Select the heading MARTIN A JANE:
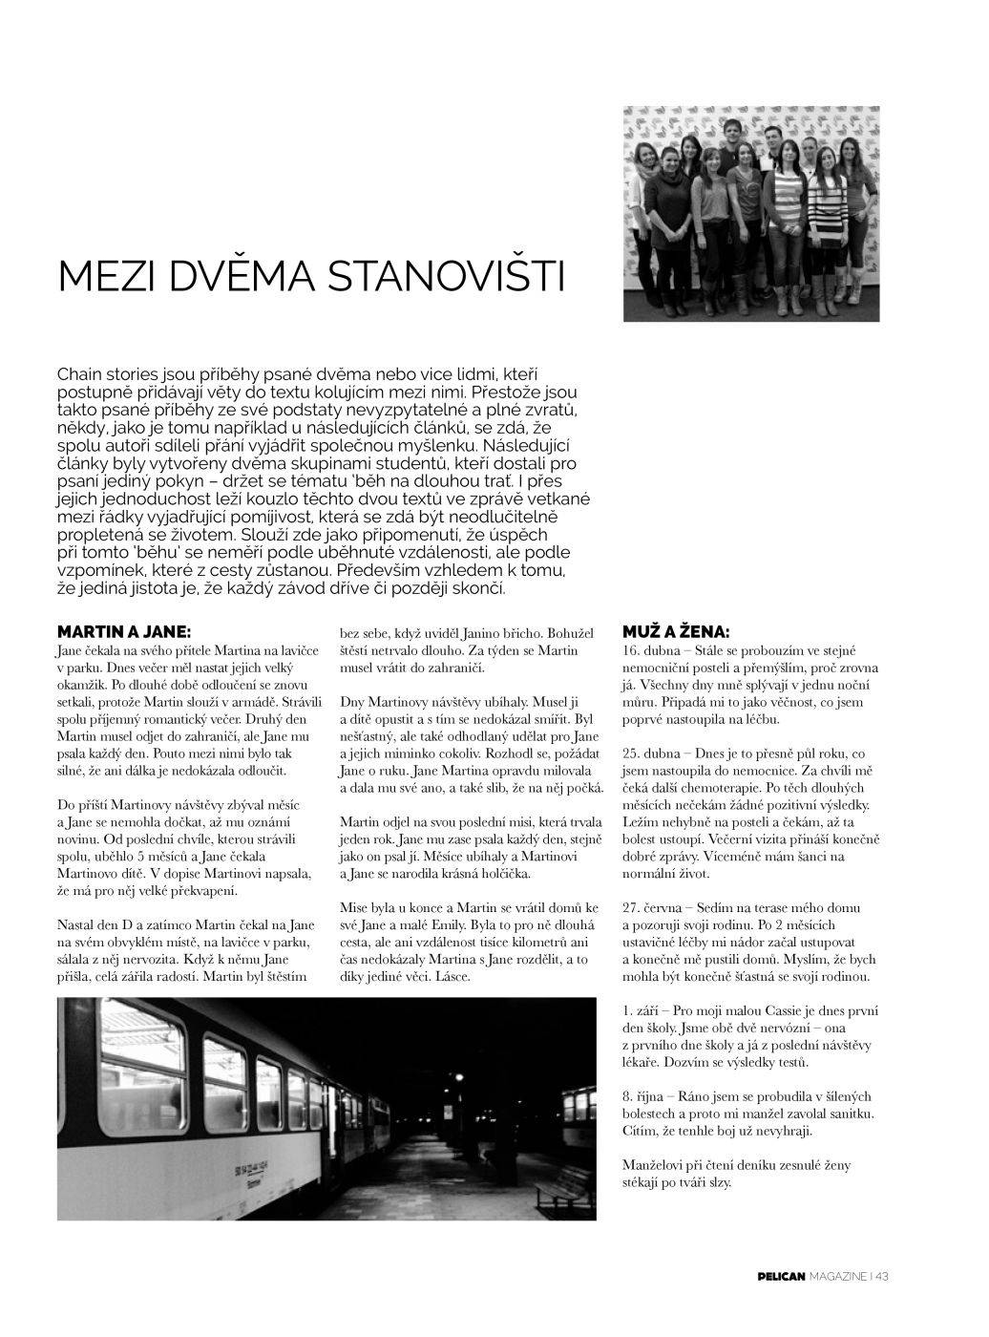click(124, 632)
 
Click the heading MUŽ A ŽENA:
click(676, 632)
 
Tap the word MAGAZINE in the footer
click(838, 1276)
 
